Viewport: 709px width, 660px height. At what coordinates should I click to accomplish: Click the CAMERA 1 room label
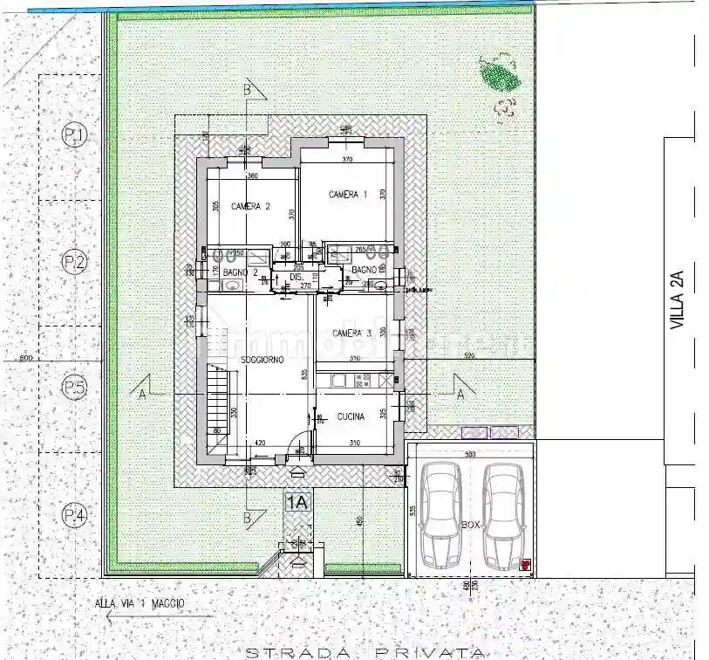348,194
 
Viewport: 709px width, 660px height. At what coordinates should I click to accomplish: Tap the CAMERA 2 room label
250,207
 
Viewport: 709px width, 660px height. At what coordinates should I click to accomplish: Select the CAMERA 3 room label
352,333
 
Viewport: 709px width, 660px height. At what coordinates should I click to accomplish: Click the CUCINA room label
351,417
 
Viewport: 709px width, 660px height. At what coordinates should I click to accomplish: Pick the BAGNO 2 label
240,273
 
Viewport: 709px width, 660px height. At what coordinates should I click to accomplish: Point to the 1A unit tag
297,502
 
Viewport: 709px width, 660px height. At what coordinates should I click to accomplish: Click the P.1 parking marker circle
75,135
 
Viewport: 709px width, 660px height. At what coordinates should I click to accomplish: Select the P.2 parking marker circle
75,261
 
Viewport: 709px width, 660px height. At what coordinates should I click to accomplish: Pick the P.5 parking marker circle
75,388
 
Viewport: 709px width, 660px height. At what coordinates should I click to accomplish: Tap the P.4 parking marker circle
75,517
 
